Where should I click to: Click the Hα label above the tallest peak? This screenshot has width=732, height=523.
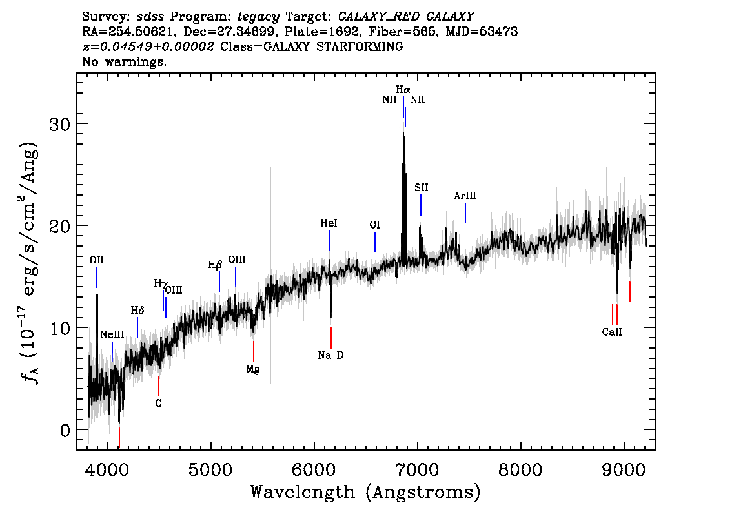point(403,89)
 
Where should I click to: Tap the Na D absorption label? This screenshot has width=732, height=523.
point(330,355)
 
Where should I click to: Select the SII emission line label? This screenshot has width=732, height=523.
point(421,188)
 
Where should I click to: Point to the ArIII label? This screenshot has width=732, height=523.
point(465,196)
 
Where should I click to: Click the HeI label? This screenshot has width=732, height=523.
point(329,223)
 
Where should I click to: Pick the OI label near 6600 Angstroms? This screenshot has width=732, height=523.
point(375,225)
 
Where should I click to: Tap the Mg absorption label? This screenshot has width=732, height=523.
point(253,369)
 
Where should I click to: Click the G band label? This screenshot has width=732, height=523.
point(159,403)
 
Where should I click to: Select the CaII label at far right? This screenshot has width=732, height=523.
point(612,332)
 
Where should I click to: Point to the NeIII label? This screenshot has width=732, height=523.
point(112,334)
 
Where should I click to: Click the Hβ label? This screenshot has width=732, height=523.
point(215,265)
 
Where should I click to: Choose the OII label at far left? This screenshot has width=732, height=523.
point(97,260)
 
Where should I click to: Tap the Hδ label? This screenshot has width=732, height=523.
point(137,310)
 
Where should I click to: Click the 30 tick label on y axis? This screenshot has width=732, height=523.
point(60,124)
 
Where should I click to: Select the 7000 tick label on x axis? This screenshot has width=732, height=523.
point(417,470)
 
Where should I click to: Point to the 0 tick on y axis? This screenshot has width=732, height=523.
point(65,430)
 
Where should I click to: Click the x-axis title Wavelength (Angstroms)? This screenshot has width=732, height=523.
point(365,492)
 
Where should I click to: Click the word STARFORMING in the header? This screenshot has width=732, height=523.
point(360,46)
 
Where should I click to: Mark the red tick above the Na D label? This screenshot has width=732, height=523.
point(331,338)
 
